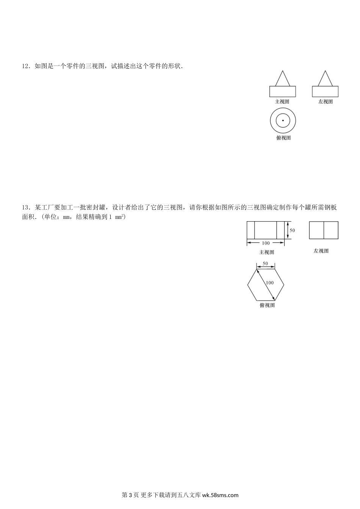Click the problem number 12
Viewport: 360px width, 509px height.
(x=25, y=66)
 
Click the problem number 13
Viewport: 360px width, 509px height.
(x=25, y=207)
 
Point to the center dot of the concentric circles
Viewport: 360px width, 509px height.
(x=283, y=121)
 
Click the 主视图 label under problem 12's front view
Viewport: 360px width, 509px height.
(x=282, y=101)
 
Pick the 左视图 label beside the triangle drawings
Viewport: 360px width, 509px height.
(x=326, y=101)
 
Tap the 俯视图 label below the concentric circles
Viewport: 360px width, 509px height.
(x=283, y=138)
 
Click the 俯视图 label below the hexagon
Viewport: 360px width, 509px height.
(x=267, y=305)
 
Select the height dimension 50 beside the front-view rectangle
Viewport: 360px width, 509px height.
(x=292, y=230)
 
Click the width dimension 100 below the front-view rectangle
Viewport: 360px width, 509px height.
(x=266, y=243)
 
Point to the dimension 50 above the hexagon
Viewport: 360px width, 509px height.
(x=265, y=264)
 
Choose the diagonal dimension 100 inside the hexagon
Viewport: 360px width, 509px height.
(x=269, y=283)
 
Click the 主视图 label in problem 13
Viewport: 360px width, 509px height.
(x=266, y=252)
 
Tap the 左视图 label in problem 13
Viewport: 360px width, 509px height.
(x=321, y=251)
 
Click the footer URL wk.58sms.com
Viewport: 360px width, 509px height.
(x=220, y=495)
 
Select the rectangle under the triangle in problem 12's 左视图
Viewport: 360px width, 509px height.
(x=325, y=92)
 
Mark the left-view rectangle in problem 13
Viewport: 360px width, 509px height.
(x=324, y=230)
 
